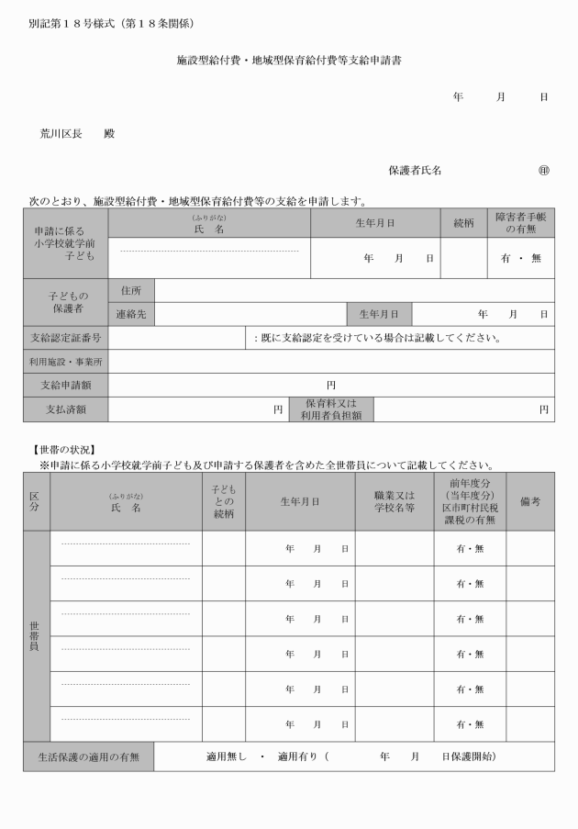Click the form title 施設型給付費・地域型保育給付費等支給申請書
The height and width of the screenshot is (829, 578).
pos(289,61)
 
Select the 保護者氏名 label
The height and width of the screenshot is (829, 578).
pos(415,170)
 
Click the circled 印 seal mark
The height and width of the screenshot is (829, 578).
pos(543,170)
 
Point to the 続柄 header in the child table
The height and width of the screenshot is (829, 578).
pos(463,222)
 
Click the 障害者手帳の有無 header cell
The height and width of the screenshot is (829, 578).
pos(520,222)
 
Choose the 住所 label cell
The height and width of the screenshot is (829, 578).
pos(131,290)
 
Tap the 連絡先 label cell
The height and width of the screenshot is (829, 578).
pos(131,314)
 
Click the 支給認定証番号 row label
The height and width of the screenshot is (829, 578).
pos(65,337)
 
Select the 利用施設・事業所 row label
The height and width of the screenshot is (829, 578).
pos(65,361)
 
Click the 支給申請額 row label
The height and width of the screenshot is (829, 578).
pos(65,385)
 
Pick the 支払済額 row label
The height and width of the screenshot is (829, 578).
pos(65,409)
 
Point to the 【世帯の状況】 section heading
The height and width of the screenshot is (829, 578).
pos(60,450)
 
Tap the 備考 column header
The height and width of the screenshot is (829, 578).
pos(529,500)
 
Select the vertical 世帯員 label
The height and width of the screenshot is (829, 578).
pos(36,634)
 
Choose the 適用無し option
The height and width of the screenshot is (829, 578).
pos(227,756)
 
